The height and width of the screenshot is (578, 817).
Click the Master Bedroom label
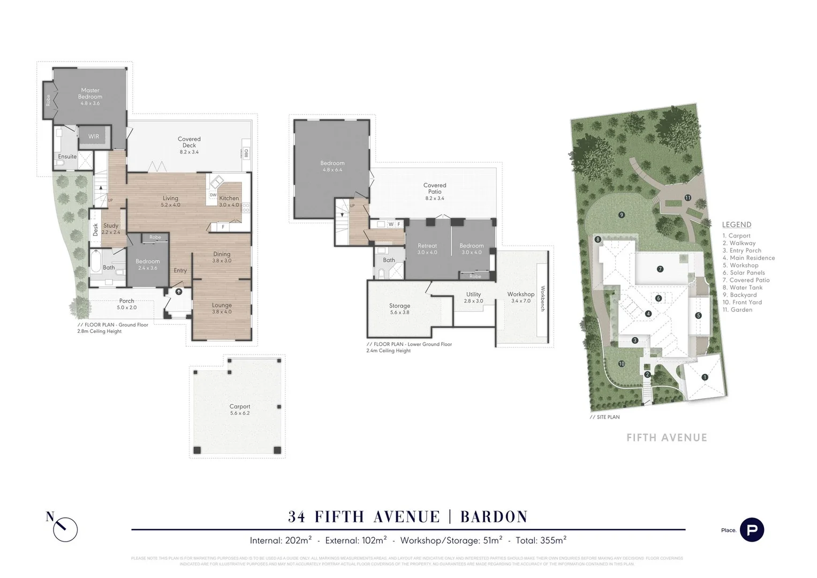pos(90,94)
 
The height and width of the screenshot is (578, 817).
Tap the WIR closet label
pos(94,136)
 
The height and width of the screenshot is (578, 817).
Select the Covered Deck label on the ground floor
pos(189,142)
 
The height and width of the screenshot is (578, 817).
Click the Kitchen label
pos(229,199)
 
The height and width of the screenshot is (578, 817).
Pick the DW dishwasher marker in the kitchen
pos(213,195)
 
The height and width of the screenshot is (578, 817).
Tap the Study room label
pos(111,226)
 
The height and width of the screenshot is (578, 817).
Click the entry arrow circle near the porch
pos(178,292)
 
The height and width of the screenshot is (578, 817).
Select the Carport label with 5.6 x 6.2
pos(240,407)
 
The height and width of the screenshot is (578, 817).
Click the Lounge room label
pos(222,306)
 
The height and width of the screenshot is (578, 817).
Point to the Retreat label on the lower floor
pos(427,246)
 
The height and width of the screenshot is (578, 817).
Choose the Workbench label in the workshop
pos(542,299)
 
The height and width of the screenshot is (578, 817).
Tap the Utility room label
pos(473,294)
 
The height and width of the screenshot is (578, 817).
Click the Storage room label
pos(399,306)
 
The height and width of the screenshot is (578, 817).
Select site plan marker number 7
pos(660,269)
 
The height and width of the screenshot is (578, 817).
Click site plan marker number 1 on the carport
pos(705,377)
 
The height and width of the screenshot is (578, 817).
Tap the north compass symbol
pos(65,529)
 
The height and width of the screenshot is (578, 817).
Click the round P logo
pos(752,530)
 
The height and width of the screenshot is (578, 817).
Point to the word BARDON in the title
pos(494,517)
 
